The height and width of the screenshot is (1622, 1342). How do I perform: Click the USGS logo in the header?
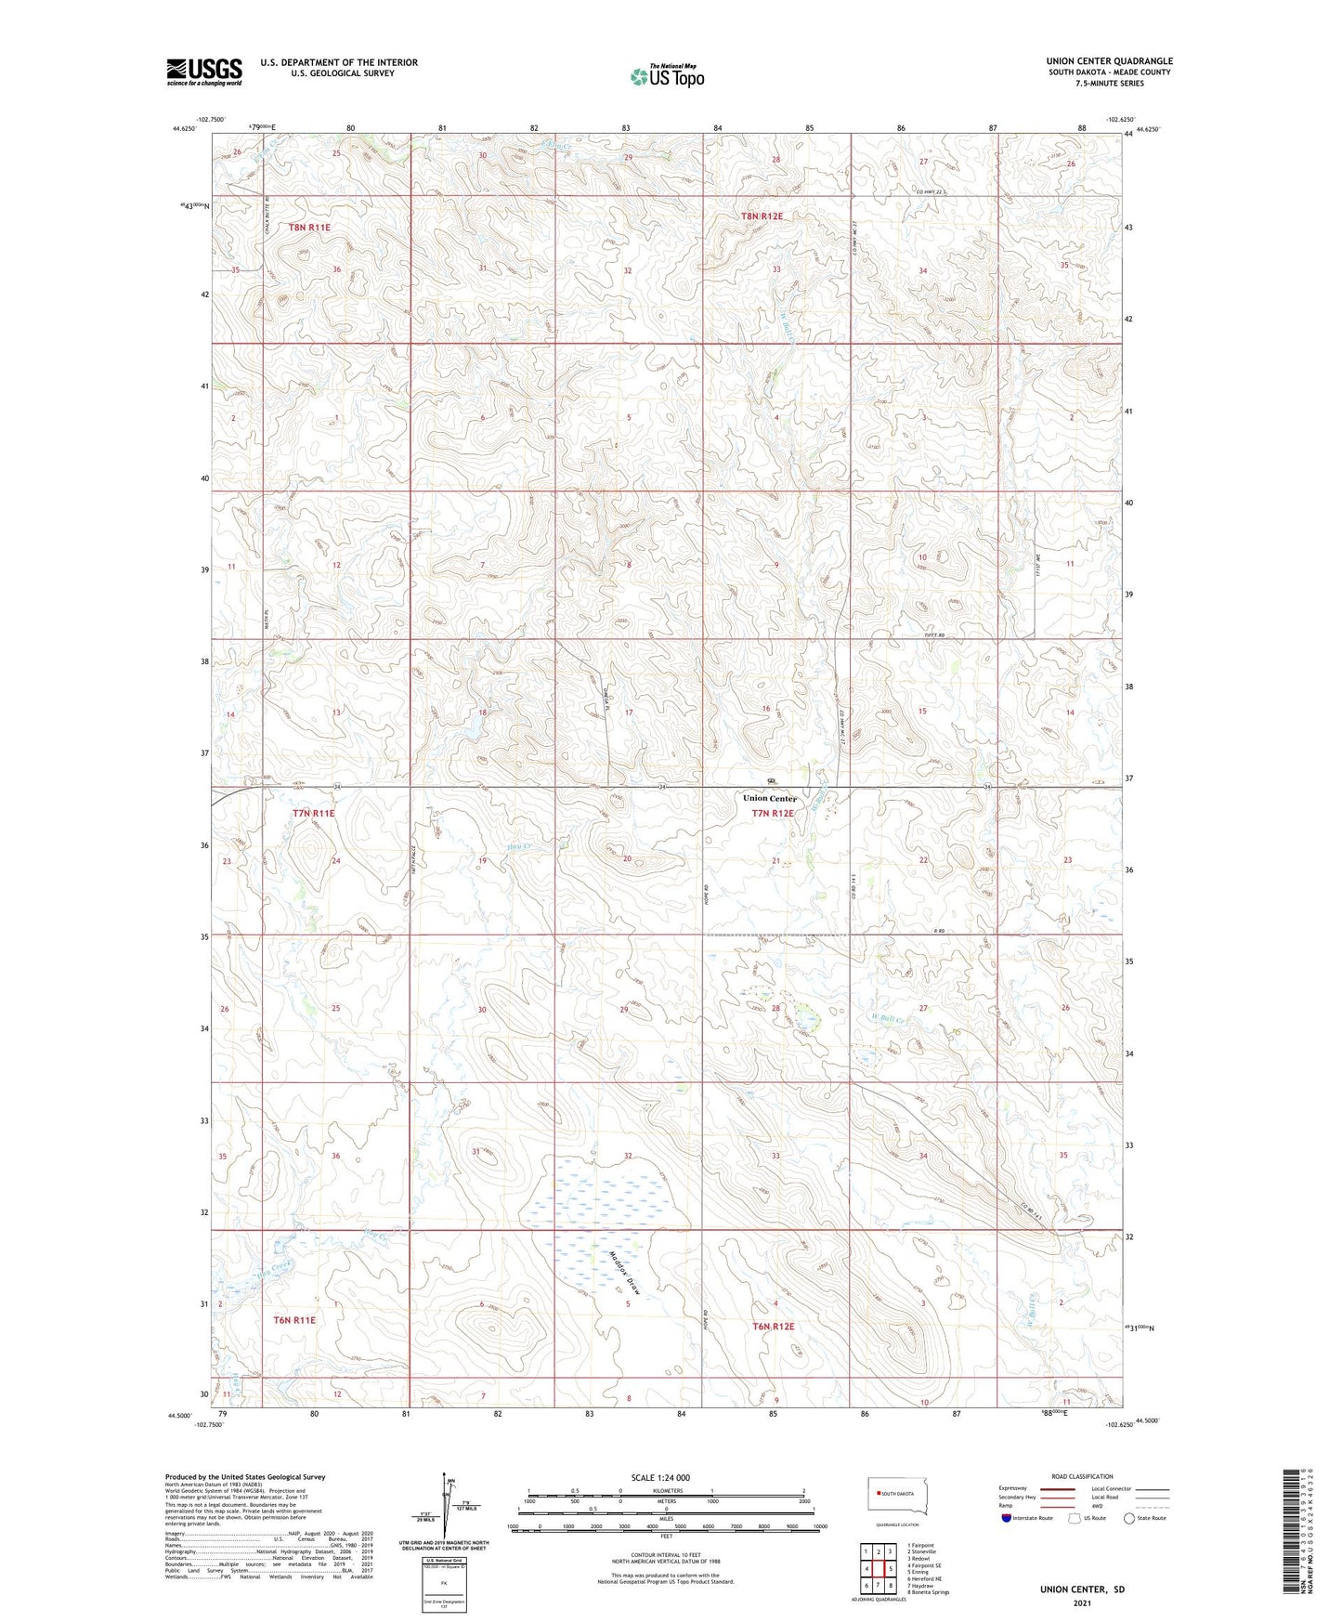(204, 71)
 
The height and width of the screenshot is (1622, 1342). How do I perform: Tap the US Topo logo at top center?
(666, 76)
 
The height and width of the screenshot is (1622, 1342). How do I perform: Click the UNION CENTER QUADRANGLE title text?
(1109, 61)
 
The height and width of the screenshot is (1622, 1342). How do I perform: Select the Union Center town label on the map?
(769, 798)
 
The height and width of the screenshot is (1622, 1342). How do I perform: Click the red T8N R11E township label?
(309, 227)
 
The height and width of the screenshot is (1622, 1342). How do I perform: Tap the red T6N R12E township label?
(774, 1327)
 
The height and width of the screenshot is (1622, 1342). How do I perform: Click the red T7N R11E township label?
(313, 813)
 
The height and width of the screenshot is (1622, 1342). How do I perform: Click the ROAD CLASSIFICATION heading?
(1083, 1476)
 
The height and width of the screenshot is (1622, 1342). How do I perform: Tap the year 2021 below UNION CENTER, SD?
(1081, 1603)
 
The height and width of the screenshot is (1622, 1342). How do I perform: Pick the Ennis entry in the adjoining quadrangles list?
(919, 1572)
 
